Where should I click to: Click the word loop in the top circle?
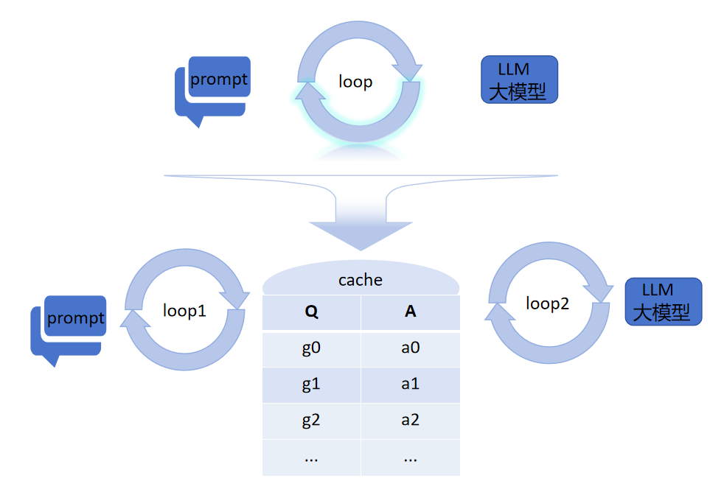(x=355, y=81)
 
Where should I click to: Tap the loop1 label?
(x=184, y=311)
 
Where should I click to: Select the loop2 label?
(x=548, y=303)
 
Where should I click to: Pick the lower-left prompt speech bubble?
(x=75, y=318)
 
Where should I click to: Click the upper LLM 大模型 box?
(x=519, y=80)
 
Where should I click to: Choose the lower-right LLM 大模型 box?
(x=663, y=301)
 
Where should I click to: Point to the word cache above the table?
(x=361, y=280)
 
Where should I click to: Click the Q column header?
(x=311, y=312)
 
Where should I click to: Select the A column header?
(x=411, y=312)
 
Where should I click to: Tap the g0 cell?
(x=311, y=348)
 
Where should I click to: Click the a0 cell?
(x=411, y=348)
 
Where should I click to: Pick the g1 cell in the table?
(x=311, y=384)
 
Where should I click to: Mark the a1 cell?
(x=411, y=384)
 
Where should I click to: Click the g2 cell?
(x=311, y=420)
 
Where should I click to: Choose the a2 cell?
(x=411, y=420)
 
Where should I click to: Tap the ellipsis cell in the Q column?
(x=311, y=457)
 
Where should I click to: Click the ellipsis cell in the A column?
(x=411, y=457)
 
